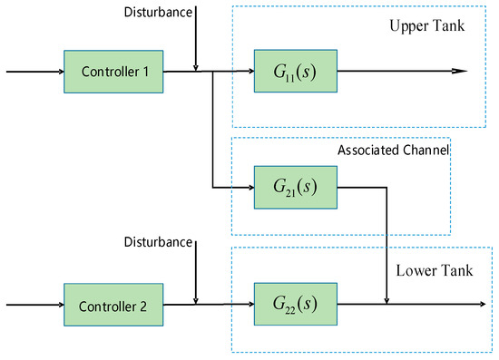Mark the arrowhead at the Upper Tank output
(x=460, y=70)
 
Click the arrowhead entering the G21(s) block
(x=249, y=188)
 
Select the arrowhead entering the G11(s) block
(x=249, y=70)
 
